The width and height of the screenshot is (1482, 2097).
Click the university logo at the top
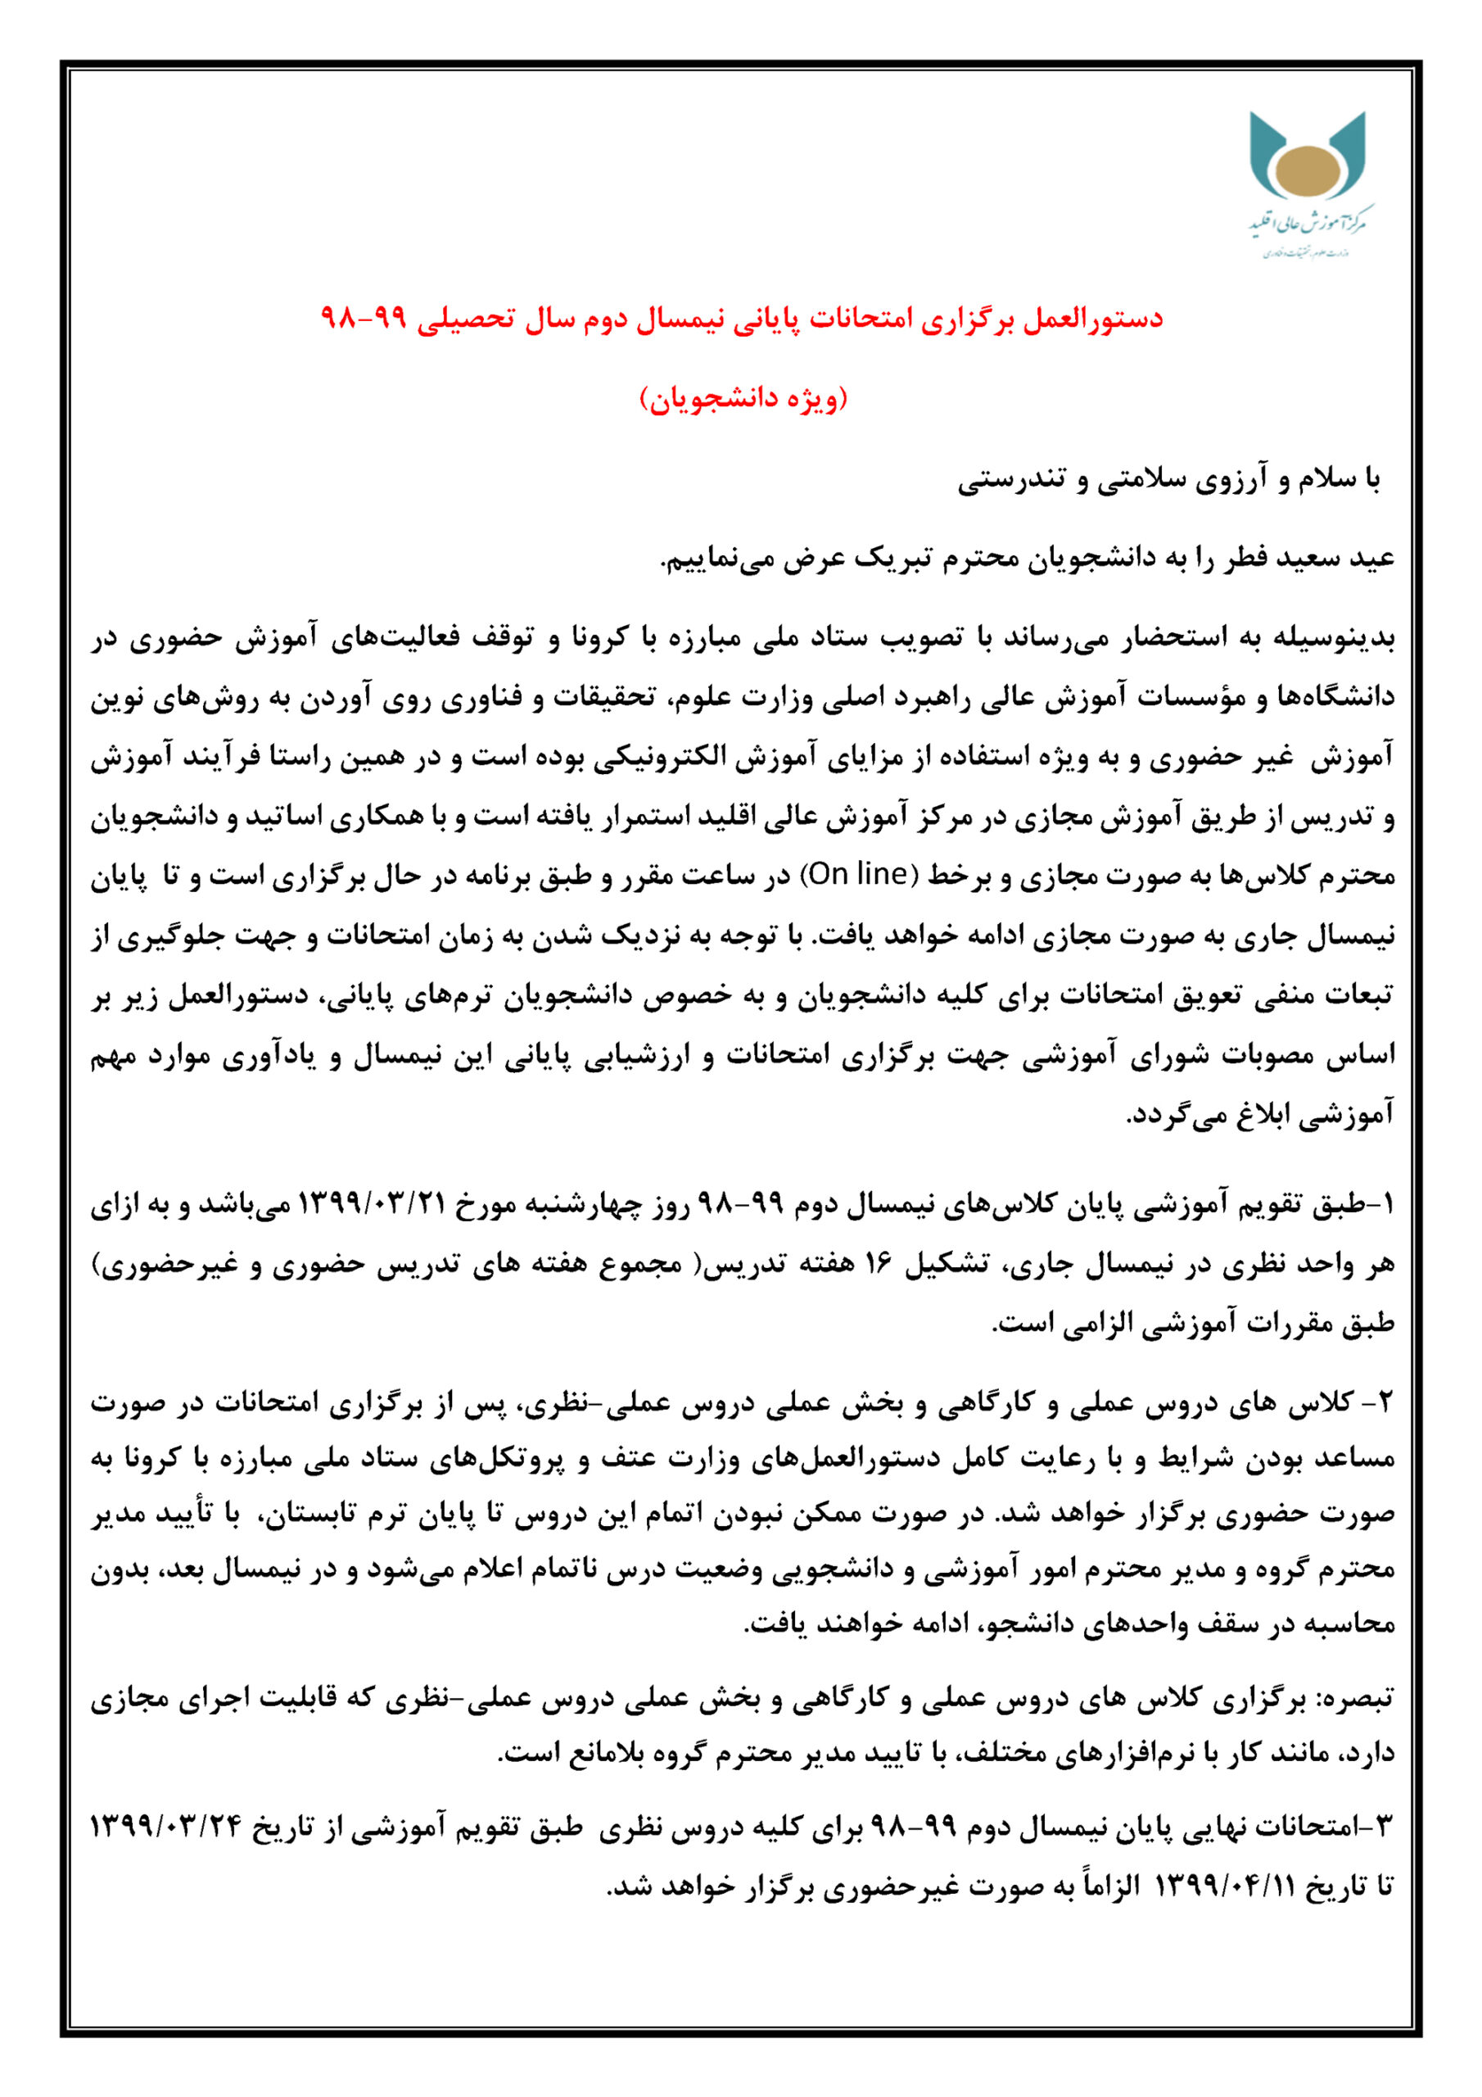pyautogui.click(x=1308, y=183)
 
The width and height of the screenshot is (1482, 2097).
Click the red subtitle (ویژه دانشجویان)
pyautogui.click(x=743, y=398)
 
